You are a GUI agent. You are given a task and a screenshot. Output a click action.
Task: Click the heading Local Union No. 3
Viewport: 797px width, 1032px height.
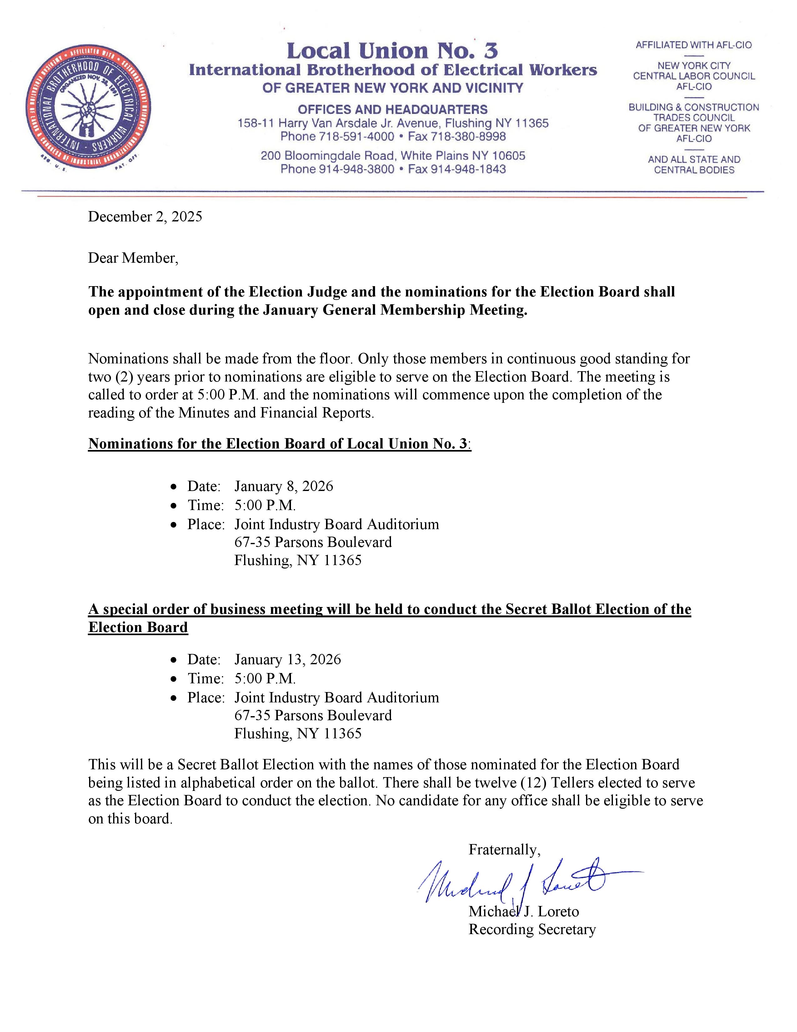pyautogui.click(x=392, y=51)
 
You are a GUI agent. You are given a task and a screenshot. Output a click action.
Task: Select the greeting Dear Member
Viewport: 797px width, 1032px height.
pyautogui.click(x=133, y=258)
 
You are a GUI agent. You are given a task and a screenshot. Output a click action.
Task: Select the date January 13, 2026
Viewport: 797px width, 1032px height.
pyautogui.click(x=288, y=659)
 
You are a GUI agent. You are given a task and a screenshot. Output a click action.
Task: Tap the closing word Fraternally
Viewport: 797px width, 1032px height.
pyautogui.click(x=504, y=850)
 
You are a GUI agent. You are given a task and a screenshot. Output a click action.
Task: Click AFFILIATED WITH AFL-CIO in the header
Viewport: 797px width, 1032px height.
pyautogui.click(x=694, y=45)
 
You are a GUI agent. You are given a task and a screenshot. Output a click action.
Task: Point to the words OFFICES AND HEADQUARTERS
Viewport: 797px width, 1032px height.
pyautogui.click(x=392, y=110)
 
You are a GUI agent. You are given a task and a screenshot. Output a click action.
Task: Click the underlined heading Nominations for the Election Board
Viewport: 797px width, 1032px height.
pyautogui.click(x=278, y=444)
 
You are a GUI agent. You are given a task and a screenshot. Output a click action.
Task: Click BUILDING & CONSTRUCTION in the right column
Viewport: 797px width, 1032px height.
pyautogui.click(x=694, y=107)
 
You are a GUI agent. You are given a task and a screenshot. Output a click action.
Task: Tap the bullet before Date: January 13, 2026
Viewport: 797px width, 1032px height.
pyautogui.click(x=175, y=660)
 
